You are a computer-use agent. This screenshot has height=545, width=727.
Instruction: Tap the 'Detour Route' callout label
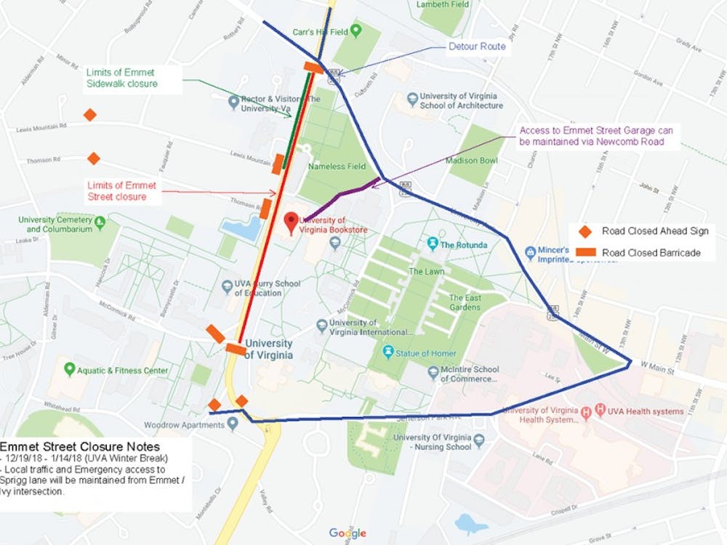click(x=477, y=47)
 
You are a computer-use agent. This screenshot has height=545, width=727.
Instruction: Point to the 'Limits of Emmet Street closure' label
click(x=121, y=190)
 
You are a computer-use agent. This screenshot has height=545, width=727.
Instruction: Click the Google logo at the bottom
click(x=348, y=533)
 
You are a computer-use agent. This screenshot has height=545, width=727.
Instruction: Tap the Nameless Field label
click(x=337, y=166)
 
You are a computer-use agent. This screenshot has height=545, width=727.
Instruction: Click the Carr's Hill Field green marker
click(x=356, y=31)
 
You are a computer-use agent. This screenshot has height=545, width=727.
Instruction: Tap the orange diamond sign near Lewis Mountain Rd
click(x=89, y=115)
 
